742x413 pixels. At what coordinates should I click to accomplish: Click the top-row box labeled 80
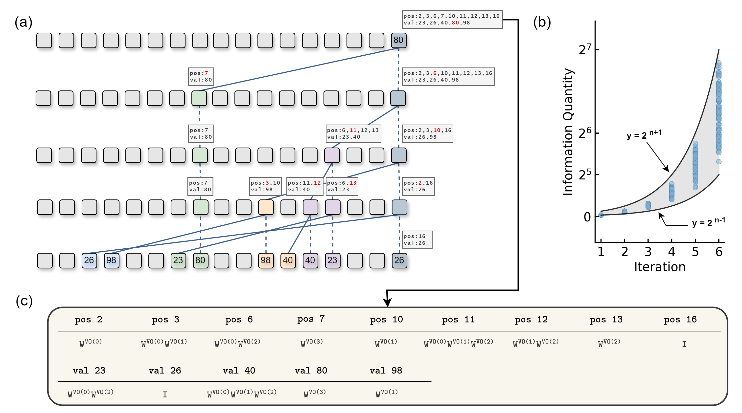(x=398, y=40)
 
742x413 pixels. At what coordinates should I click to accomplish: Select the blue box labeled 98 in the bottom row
(x=111, y=260)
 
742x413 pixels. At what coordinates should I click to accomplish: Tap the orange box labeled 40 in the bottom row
(x=288, y=260)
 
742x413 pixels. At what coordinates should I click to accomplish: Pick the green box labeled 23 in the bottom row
(x=178, y=260)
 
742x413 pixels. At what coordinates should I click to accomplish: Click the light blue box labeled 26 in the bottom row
(x=89, y=260)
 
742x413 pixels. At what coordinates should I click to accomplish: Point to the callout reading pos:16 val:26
(x=417, y=239)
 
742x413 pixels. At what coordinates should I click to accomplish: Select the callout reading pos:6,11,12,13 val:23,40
(x=353, y=133)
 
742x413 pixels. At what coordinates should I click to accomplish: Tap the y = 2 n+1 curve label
(x=644, y=134)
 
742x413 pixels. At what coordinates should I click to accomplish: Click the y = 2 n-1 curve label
(x=708, y=222)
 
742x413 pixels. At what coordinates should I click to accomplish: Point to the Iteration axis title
(x=660, y=267)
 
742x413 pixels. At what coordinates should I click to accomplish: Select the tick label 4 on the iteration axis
(x=672, y=252)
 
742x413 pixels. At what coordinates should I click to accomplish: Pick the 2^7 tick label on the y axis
(x=585, y=50)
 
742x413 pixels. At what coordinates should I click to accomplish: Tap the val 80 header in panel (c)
(x=311, y=370)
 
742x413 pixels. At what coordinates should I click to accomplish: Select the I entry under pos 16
(x=684, y=344)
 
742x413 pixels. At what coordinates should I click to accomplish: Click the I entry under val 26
(x=165, y=394)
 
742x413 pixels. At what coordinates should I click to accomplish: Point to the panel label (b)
(x=542, y=22)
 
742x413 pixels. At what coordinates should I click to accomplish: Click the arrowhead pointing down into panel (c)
(x=387, y=302)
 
